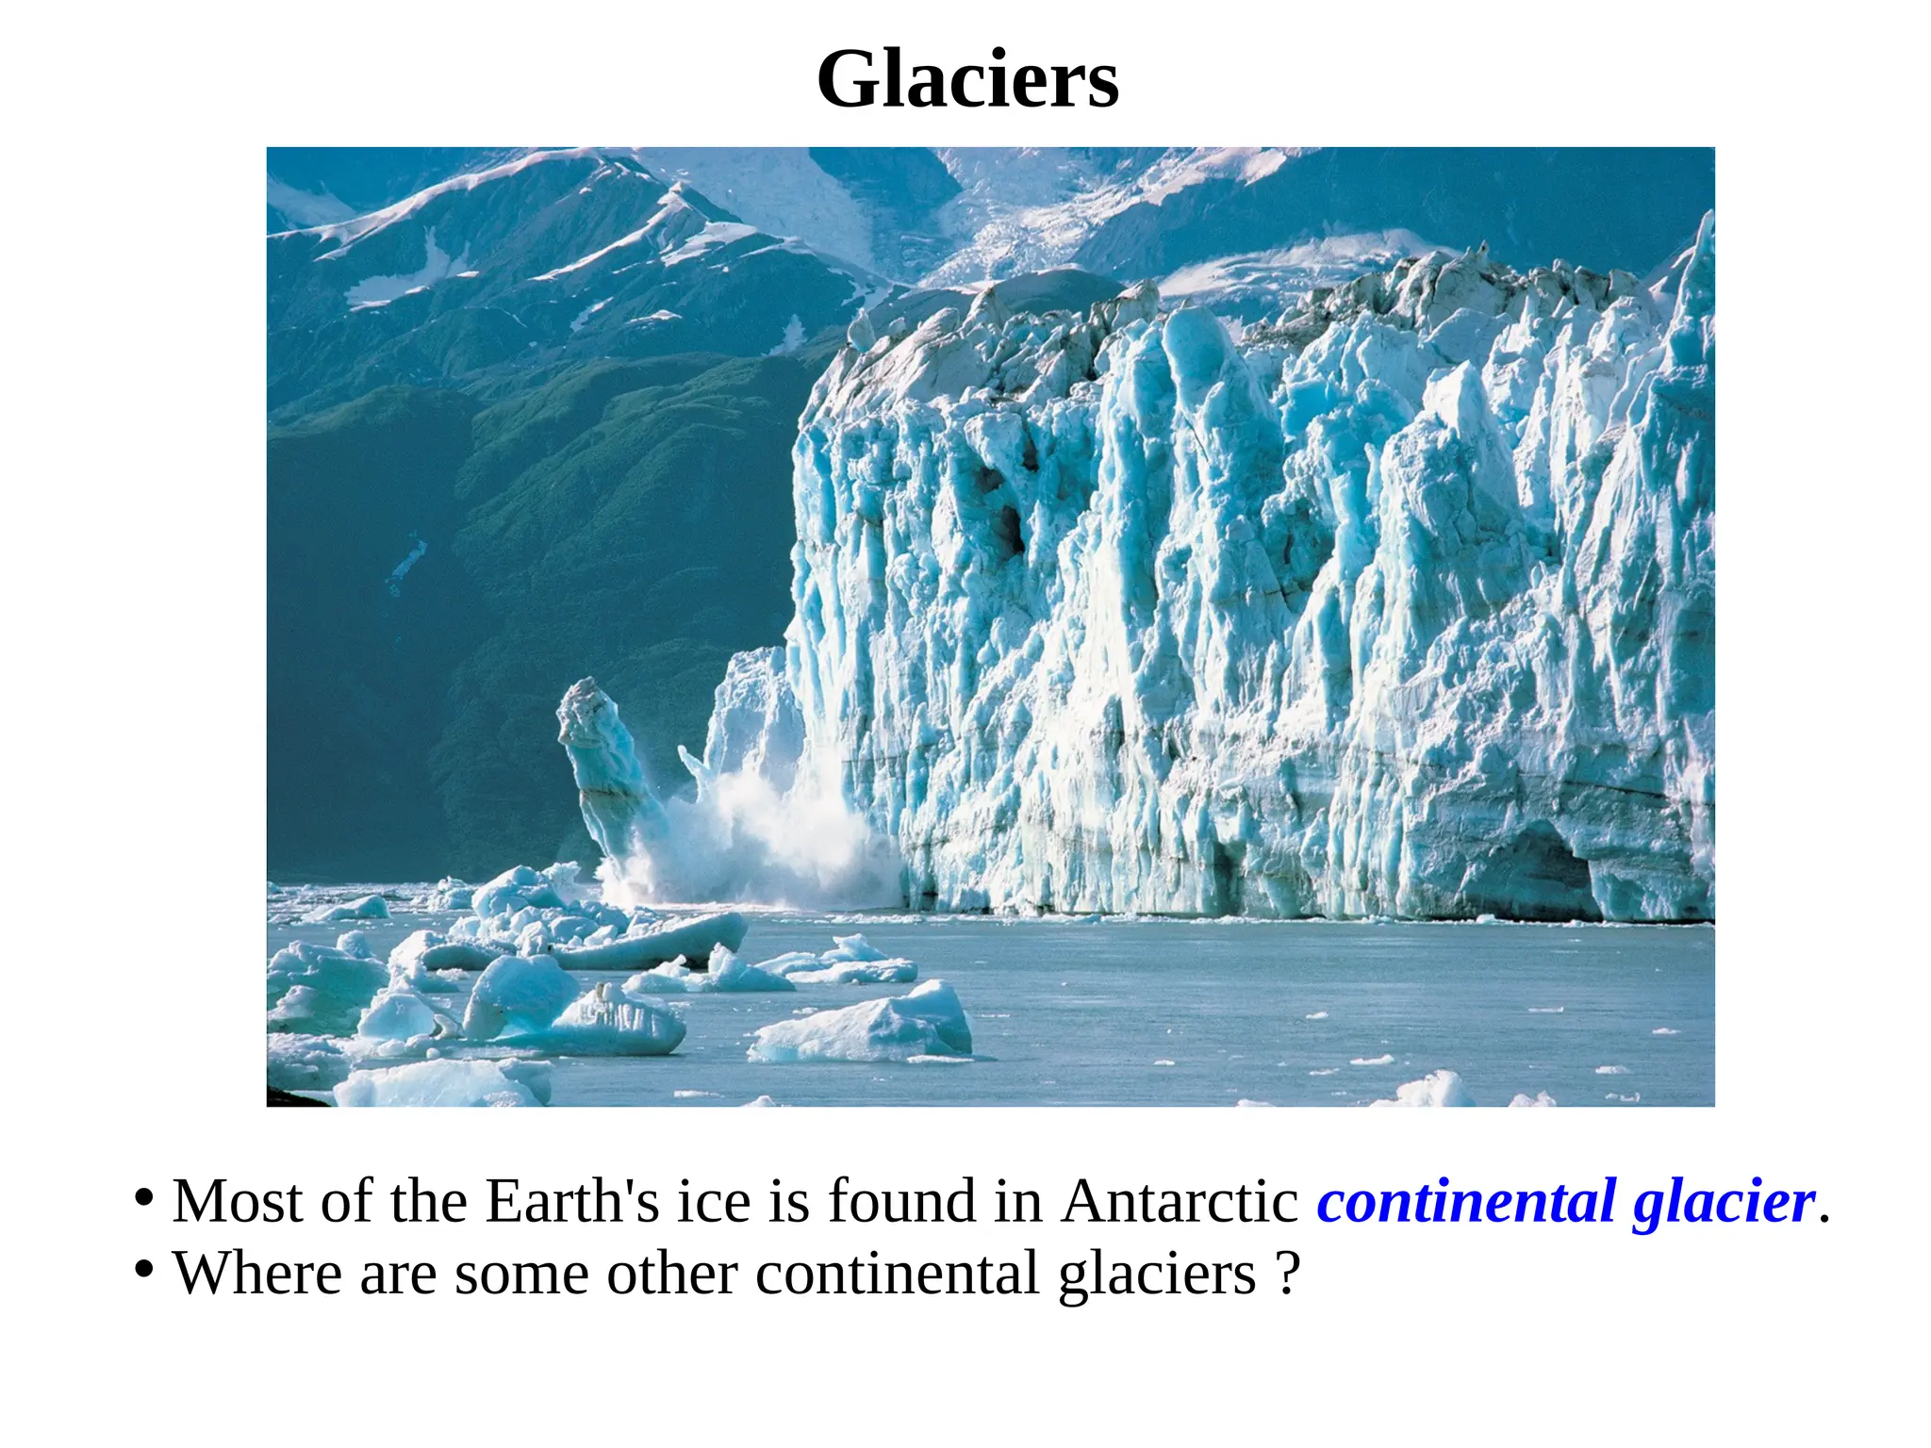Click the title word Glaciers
(x=967, y=79)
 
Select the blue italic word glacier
(x=1724, y=1204)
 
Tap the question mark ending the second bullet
(x=1289, y=1274)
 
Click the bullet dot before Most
(x=143, y=1199)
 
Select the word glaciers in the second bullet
(x=1157, y=1275)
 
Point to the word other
(x=671, y=1274)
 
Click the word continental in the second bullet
(x=897, y=1274)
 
